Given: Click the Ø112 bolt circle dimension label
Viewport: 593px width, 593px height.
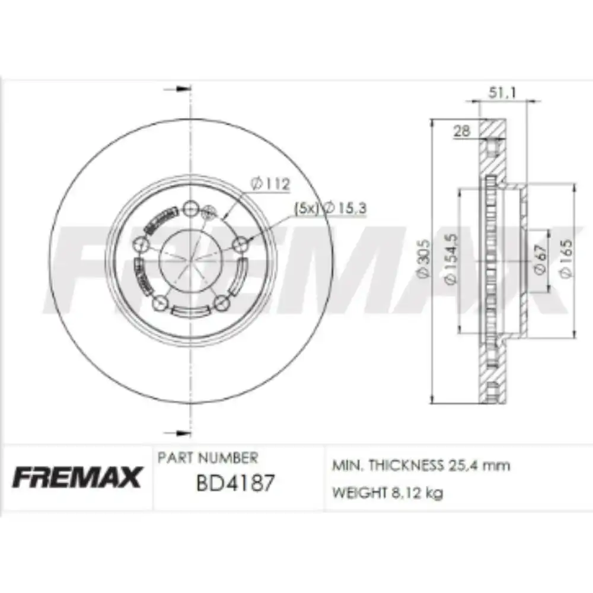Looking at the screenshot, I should coord(270,184).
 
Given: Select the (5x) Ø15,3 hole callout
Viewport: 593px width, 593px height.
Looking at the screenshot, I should coord(330,208).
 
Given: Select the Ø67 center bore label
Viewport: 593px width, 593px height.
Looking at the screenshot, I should coord(539,260).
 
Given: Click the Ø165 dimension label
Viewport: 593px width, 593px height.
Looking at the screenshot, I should coord(566,259).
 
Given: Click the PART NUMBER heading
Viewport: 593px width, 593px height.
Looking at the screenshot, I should coord(208,458).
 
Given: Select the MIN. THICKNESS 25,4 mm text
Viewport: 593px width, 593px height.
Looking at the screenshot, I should coord(421,466).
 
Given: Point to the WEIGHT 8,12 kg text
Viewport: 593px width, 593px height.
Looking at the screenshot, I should coord(387,493).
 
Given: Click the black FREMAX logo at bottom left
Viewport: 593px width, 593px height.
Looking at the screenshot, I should coord(77,477).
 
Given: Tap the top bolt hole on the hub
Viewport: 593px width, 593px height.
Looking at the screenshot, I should coord(190,208).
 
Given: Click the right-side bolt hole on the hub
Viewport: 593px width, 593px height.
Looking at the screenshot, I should coord(241,244).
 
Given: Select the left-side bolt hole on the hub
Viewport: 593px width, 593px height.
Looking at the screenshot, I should coord(140,244).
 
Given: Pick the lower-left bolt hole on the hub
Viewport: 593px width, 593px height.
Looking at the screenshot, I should coord(159,304).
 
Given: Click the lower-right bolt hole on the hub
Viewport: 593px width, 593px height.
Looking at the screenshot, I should coord(222,304).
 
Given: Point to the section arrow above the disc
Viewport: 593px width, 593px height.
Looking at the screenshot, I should coord(177,89).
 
